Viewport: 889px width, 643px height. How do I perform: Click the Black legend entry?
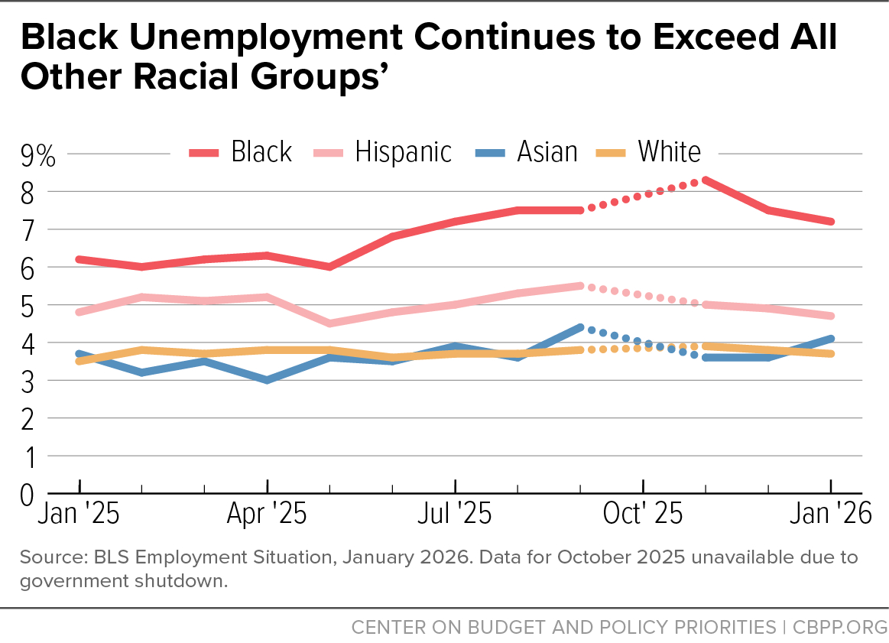241,152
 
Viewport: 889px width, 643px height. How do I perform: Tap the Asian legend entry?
527,152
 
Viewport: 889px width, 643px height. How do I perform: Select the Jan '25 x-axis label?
79,514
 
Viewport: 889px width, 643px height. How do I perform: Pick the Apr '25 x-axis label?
267,514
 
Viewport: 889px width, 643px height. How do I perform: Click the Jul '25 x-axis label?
455,514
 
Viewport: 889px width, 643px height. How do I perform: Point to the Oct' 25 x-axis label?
643,514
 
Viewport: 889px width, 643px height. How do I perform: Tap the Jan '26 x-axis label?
831,514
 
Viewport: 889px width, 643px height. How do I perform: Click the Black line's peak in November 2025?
706,180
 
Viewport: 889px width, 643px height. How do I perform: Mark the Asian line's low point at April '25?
267,379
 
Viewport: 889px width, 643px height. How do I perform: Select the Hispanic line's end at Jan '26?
831,316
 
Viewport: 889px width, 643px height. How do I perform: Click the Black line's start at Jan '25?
79,259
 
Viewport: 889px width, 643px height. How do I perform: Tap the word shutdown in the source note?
191,580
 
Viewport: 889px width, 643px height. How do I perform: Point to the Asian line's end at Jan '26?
831,339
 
